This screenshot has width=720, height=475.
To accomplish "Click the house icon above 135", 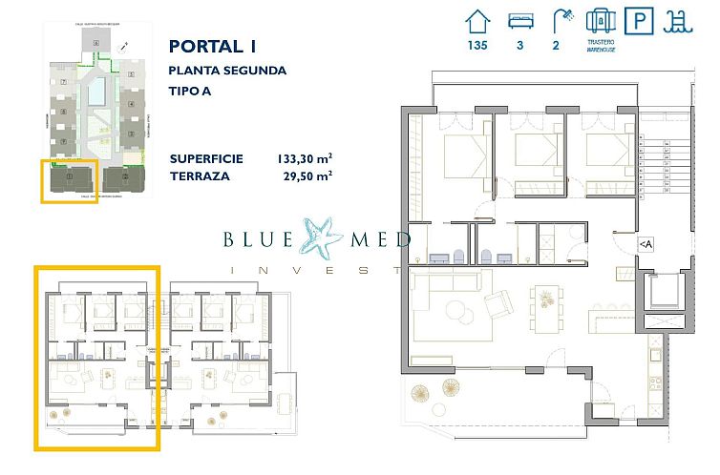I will (477, 21).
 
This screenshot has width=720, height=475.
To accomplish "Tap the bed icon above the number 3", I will (520, 21).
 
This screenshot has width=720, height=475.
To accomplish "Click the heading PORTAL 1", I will (212, 46).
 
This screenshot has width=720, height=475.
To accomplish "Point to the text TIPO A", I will (191, 93).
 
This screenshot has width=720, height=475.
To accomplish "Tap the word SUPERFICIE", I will (206, 158).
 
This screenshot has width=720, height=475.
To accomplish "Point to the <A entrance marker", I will (646, 245).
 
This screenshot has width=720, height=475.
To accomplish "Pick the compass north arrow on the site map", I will (124, 45).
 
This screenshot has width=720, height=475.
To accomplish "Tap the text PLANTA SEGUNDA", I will (227, 71).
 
